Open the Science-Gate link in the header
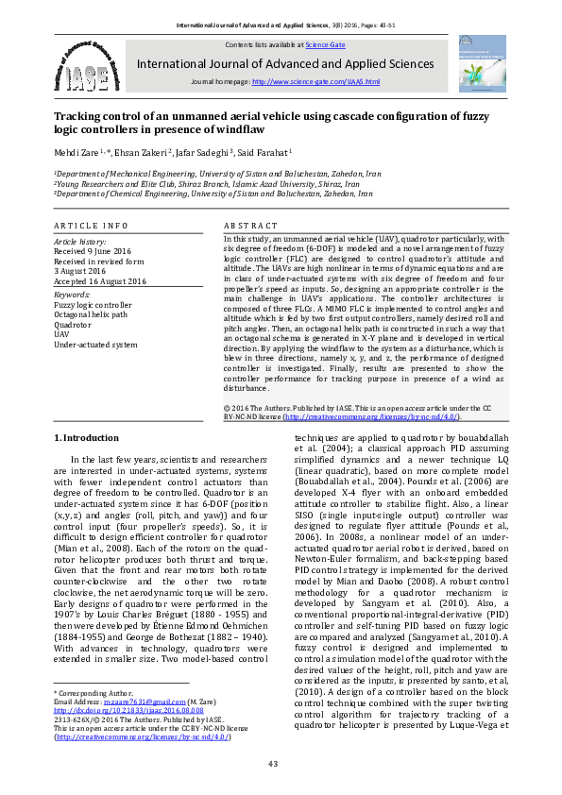pyautogui.click(x=324, y=44)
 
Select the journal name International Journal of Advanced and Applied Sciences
pyautogui.click(x=286, y=64)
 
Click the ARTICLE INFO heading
pyautogui.click(x=91, y=226)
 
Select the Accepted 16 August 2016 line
pyautogui.click(x=100, y=281)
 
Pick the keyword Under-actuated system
pyautogui.click(x=96, y=345)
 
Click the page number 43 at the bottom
pyautogui.click(x=273, y=763)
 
